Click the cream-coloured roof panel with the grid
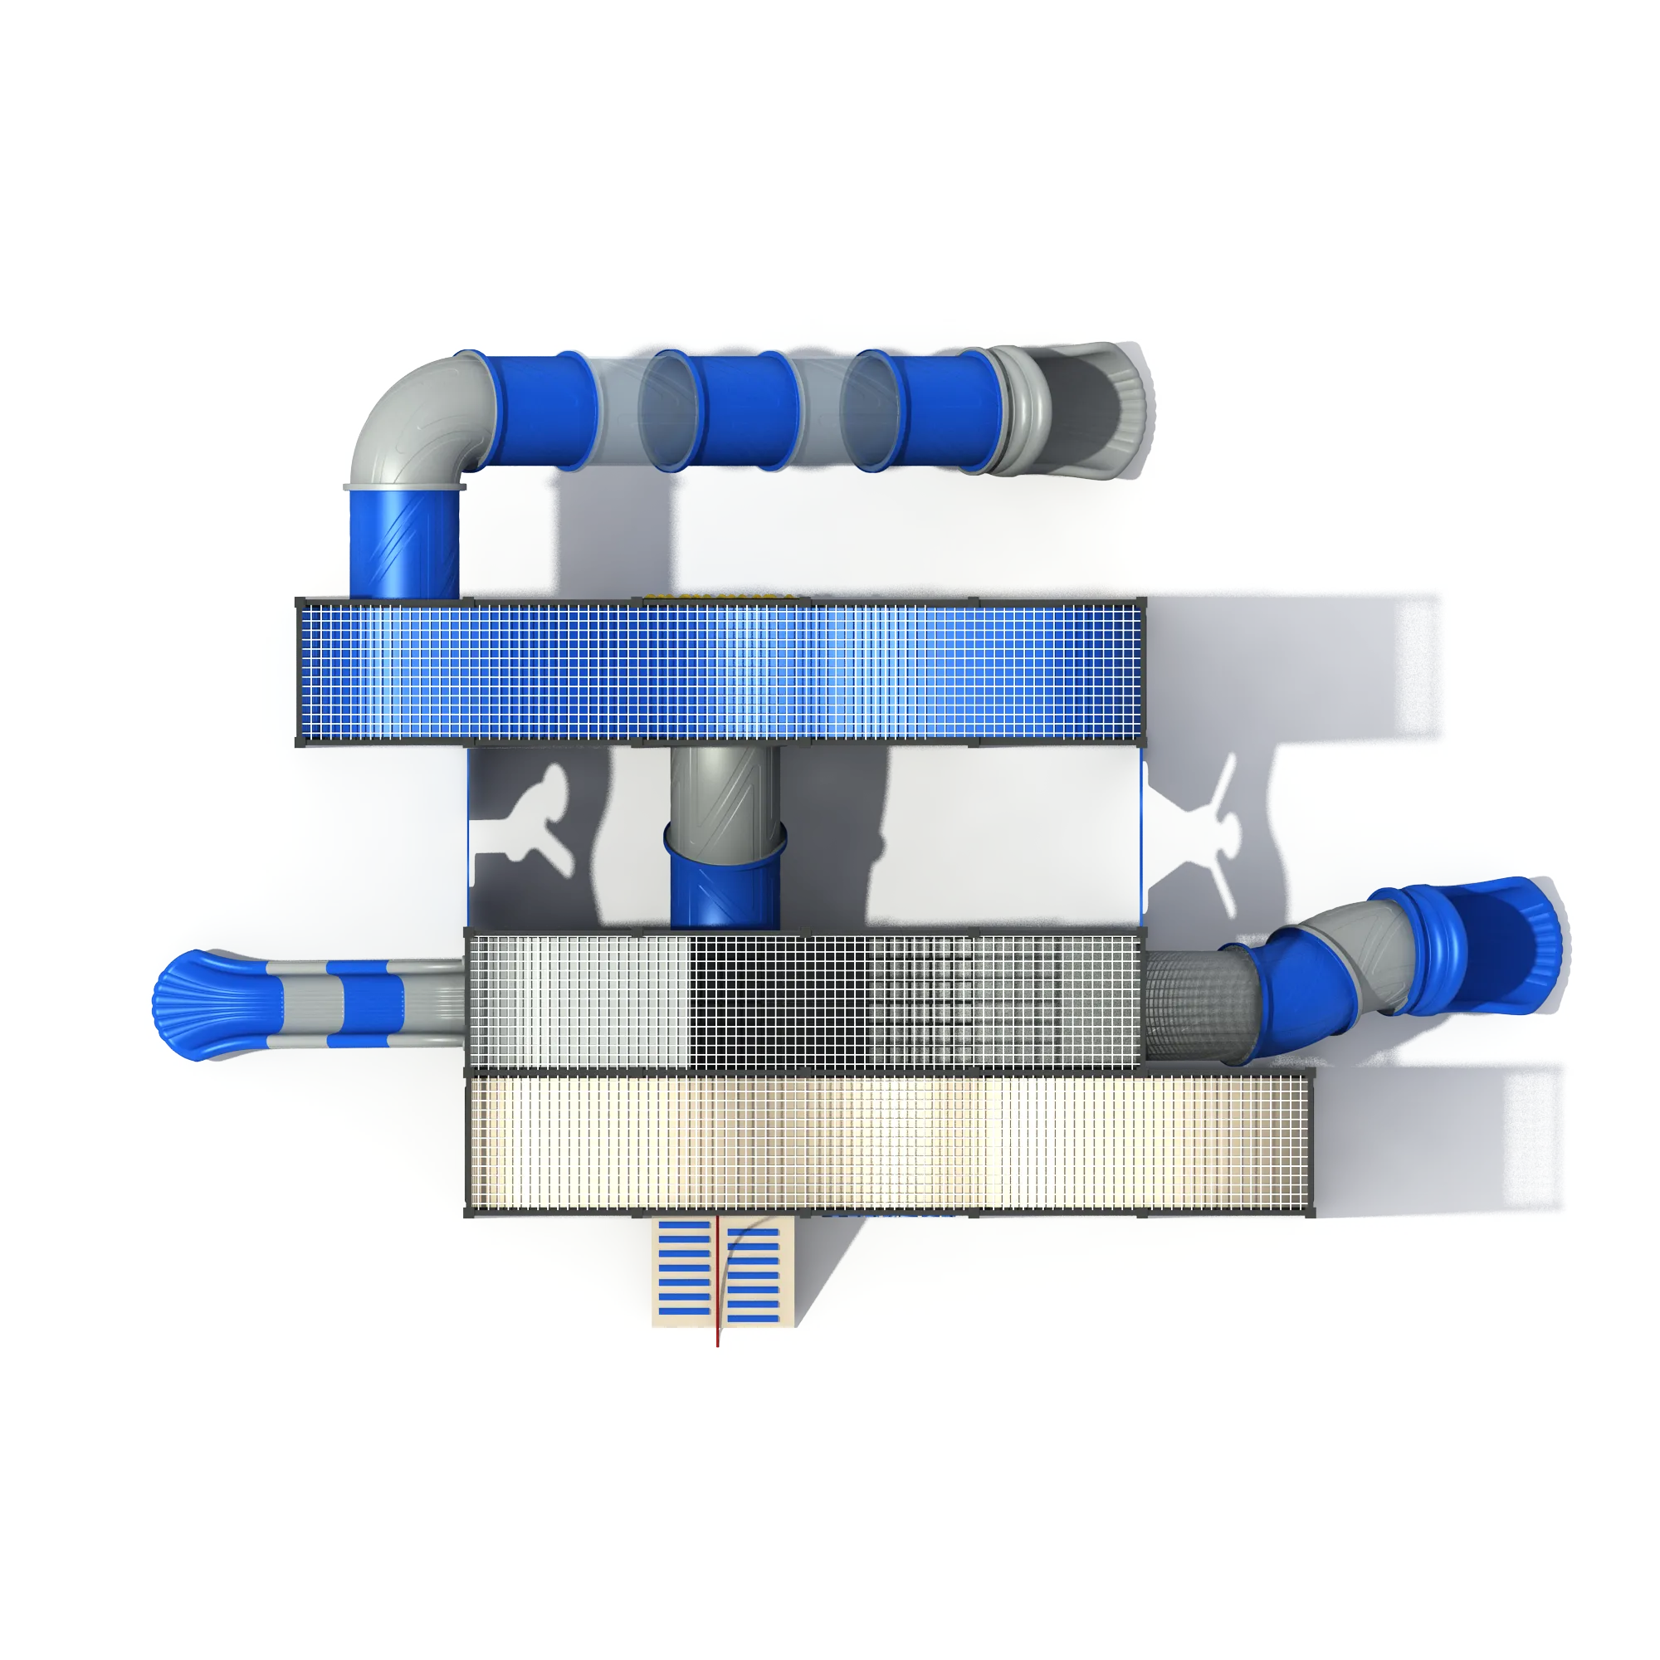point(889,1142)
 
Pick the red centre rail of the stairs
point(717,1280)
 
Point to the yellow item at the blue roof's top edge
point(722,596)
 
